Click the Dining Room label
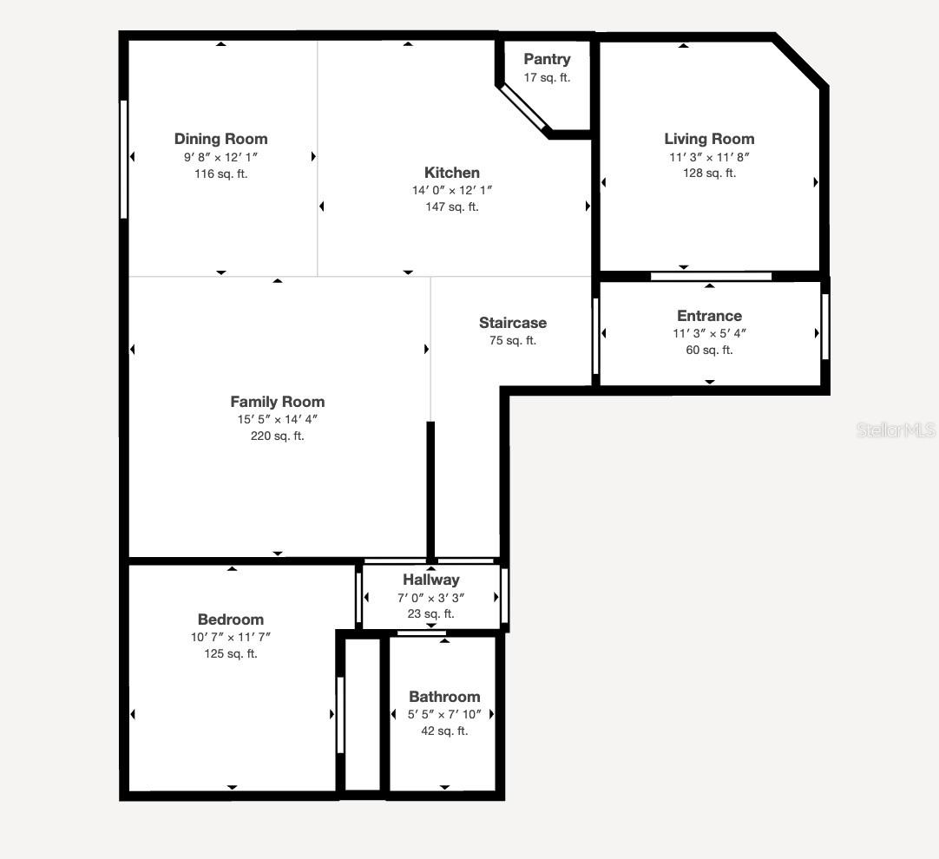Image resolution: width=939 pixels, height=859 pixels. coord(220,139)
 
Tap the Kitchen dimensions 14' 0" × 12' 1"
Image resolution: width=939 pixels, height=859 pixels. coord(451,190)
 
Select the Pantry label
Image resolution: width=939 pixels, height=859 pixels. coord(547,59)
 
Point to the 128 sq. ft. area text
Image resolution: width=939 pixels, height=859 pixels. coord(709,173)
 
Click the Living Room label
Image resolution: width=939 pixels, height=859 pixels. coord(709,139)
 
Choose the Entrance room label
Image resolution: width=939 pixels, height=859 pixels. coord(709,316)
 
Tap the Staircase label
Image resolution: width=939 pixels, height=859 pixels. coord(513,323)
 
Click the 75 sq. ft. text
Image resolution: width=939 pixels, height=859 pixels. coord(513,340)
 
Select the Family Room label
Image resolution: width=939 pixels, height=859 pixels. coord(278,402)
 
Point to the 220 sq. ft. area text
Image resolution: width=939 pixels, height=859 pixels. coord(278,436)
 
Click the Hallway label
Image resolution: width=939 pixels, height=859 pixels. coord(431,580)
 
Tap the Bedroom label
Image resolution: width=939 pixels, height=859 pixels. coord(231,620)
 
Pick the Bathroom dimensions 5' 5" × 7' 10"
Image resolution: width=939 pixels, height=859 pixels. coord(444,714)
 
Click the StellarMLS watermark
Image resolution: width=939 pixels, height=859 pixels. coord(896,429)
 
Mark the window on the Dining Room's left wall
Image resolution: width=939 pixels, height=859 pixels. coord(124,159)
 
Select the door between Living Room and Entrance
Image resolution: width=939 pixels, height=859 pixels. coord(711,277)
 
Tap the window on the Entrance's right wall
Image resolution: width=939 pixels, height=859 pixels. coord(825,327)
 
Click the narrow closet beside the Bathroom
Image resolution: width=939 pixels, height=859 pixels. coord(363,714)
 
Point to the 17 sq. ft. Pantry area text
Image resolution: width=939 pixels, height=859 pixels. coord(547,77)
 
